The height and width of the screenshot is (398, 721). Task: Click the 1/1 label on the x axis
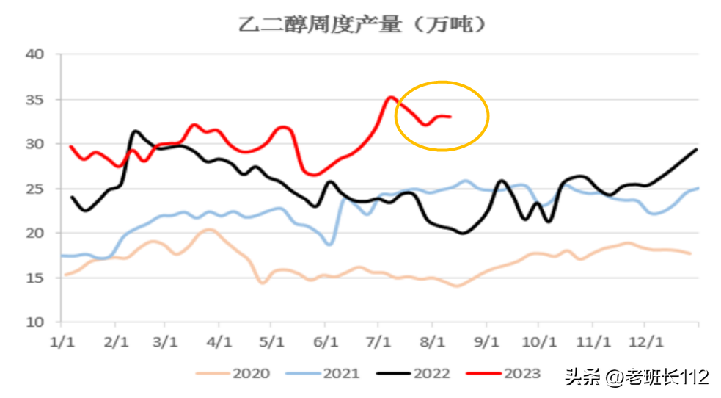(61, 342)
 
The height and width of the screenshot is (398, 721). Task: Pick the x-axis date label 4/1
(219, 342)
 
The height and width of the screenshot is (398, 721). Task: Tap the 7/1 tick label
(378, 342)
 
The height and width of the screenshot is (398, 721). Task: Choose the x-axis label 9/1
(486, 342)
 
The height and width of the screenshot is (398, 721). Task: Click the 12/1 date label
(645, 342)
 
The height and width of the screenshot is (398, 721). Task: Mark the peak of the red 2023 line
(390, 97)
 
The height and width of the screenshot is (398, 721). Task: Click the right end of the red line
(450, 117)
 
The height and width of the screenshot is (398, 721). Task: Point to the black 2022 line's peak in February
(135, 131)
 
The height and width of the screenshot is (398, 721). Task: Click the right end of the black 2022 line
(696, 149)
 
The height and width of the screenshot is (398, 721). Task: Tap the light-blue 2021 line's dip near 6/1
(330, 244)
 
